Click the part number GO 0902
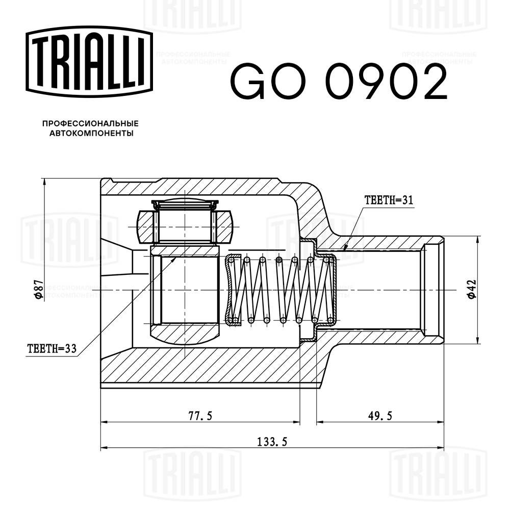click(x=339, y=82)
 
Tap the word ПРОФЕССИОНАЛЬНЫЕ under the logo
click(x=90, y=124)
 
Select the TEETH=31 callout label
click(x=388, y=200)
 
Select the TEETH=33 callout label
click(x=52, y=349)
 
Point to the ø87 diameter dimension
click(x=37, y=289)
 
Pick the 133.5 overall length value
click(x=271, y=442)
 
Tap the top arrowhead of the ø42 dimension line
click(x=478, y=238)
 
